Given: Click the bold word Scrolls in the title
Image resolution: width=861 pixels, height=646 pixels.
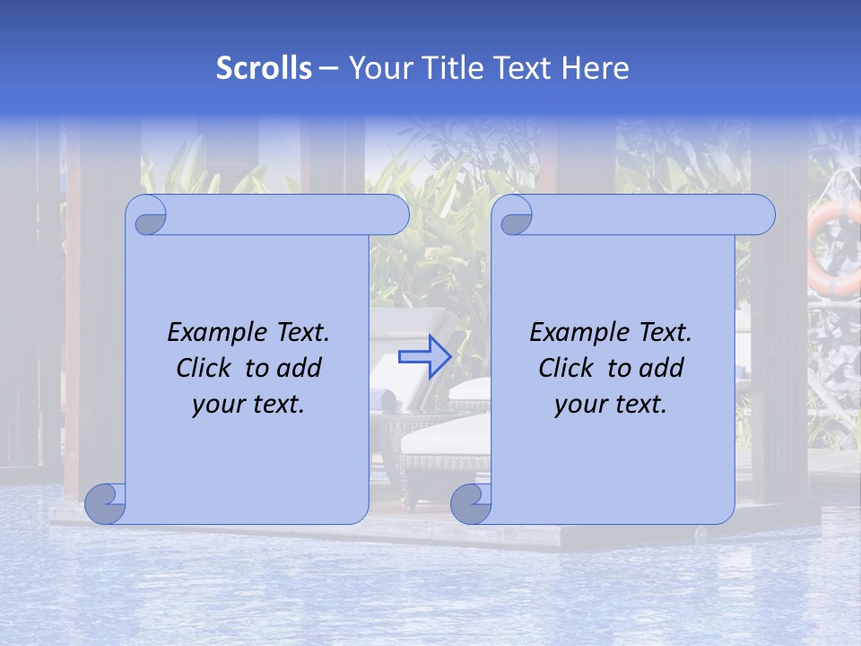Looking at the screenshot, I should pyautogui.click(x=265, y=68).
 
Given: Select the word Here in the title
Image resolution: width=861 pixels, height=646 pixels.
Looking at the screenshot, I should pyautogui.click(x=596, y=68).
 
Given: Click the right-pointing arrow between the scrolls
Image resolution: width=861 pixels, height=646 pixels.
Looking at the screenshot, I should pyautogui.click(x=424, y=356).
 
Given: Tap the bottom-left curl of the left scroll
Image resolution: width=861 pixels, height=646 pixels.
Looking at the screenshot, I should pyautogui.click(x=106, y=503).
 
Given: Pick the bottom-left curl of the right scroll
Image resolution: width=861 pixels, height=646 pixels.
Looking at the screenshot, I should pyautogui.click(x=471, y=503).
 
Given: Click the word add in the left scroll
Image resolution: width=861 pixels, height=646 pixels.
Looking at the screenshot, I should pyautogui.click(x=300, y=368).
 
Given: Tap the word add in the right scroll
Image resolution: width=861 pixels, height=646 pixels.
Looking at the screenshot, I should pyautogui.click(x=663, y=368).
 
